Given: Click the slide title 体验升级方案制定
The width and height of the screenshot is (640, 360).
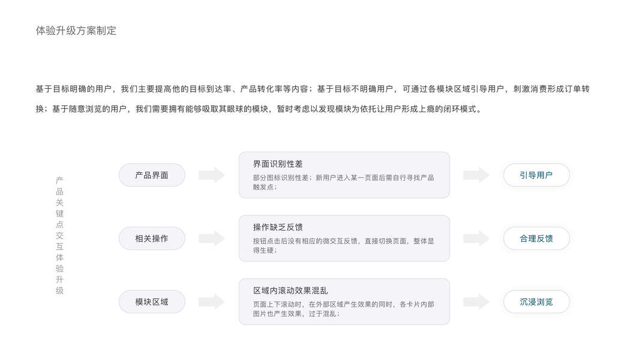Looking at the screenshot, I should (76, 31).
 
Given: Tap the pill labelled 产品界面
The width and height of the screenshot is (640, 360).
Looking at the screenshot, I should (152, 175).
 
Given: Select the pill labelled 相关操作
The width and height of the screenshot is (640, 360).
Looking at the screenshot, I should (152, 238).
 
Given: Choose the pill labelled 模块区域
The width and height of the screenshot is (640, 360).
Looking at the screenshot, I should (152, 302).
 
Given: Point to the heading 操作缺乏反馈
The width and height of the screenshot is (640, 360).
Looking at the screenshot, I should (278, 227).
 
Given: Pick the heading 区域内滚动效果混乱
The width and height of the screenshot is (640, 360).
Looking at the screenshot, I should (290, 290).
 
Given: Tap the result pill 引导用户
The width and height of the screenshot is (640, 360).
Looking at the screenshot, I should (536, 175).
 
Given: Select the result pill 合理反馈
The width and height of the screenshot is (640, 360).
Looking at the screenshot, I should (536, 238).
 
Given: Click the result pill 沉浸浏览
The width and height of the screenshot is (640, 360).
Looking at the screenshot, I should (536, 302).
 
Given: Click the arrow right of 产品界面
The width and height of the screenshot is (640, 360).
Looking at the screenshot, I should (212, 175).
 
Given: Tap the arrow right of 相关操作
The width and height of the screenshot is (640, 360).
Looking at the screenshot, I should (212, 238).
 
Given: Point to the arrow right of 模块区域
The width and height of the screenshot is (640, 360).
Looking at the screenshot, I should (212, 302).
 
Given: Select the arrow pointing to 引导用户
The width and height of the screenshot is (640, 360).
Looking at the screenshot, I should (476, 175).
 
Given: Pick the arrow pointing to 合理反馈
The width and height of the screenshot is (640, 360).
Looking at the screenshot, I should (476, 238).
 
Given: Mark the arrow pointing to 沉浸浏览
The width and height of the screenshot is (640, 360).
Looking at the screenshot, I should (476, 302).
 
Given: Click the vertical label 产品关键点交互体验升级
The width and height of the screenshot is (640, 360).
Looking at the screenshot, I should (59, 235).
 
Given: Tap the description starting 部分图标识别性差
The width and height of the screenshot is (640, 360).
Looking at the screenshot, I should (343, 182).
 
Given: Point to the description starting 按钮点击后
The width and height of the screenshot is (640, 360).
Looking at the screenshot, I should (343, 245).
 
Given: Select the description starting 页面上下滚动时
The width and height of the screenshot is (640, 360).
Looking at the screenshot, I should (343, 308).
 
